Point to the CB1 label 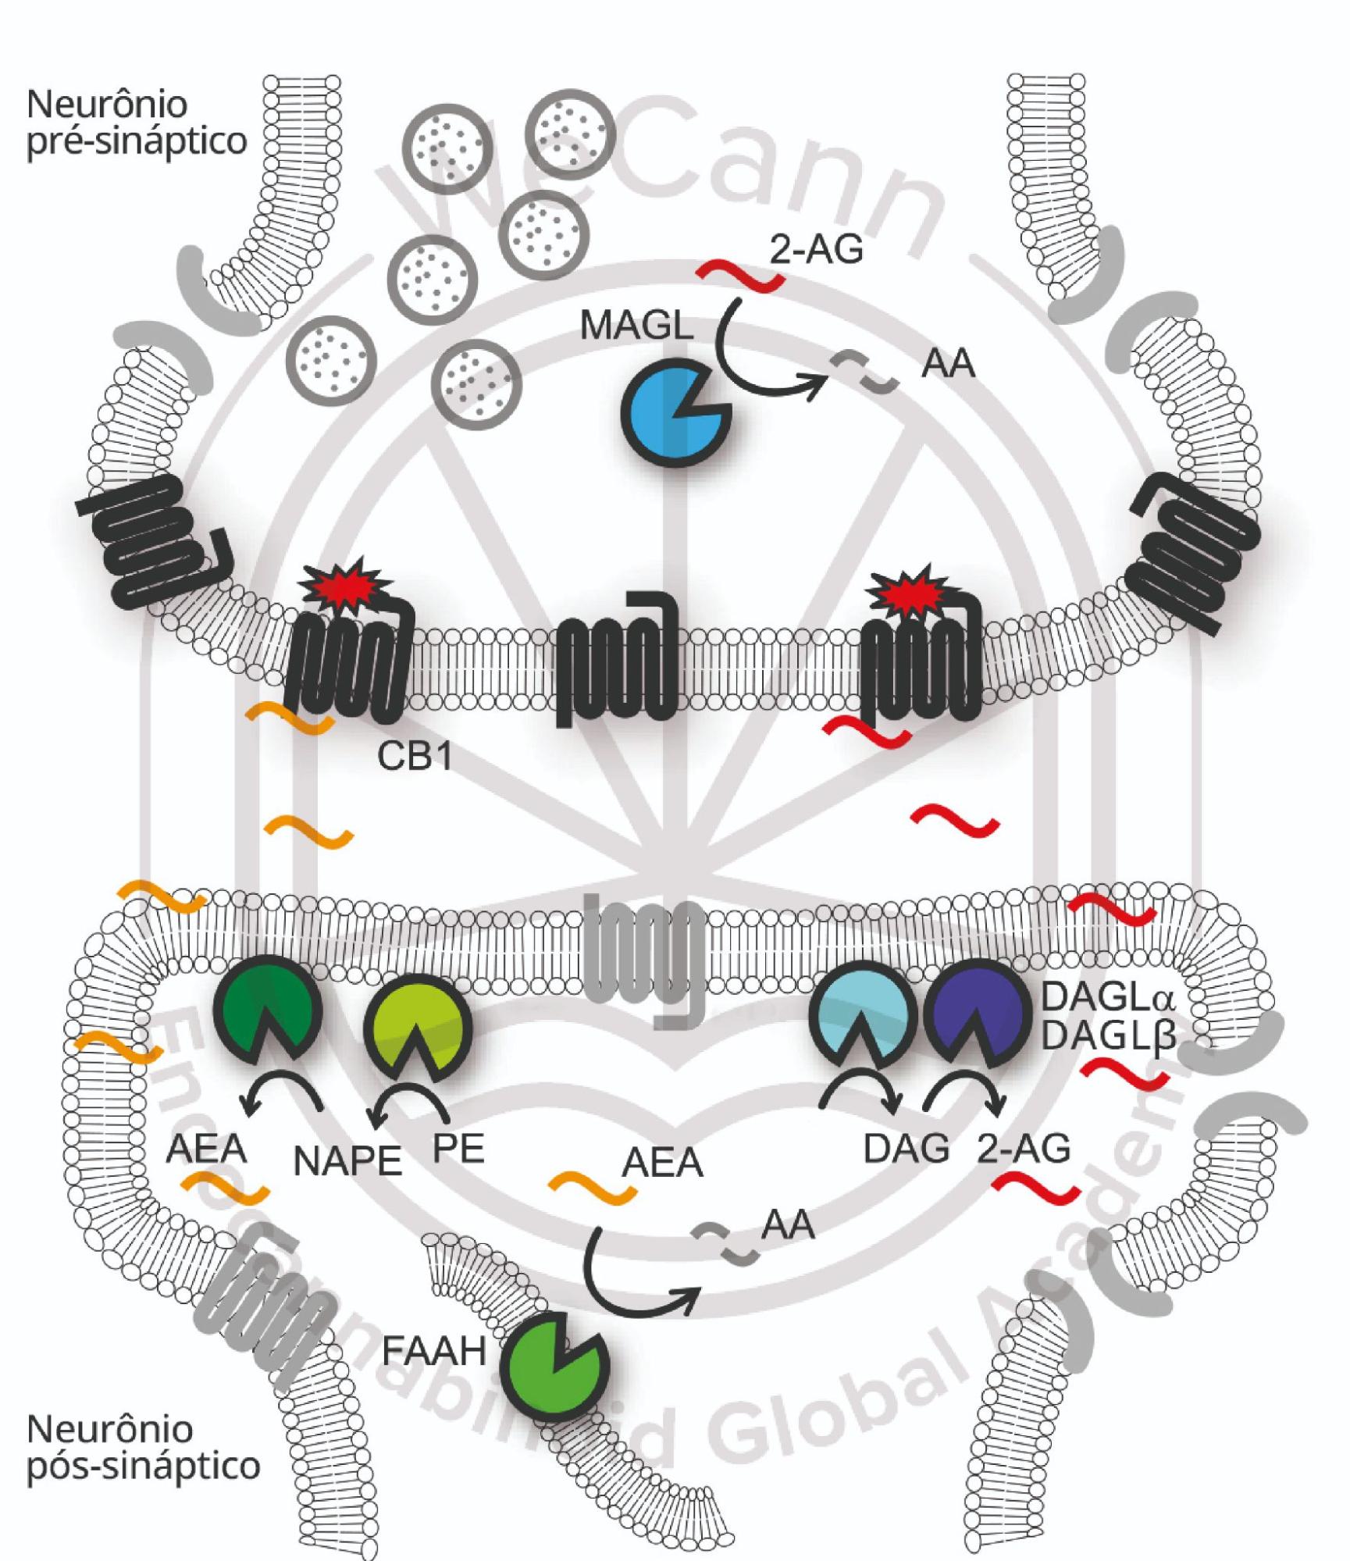(x=415, y=756)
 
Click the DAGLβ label (x=1108, y=1037)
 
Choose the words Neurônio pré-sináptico (x=137, y=123)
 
